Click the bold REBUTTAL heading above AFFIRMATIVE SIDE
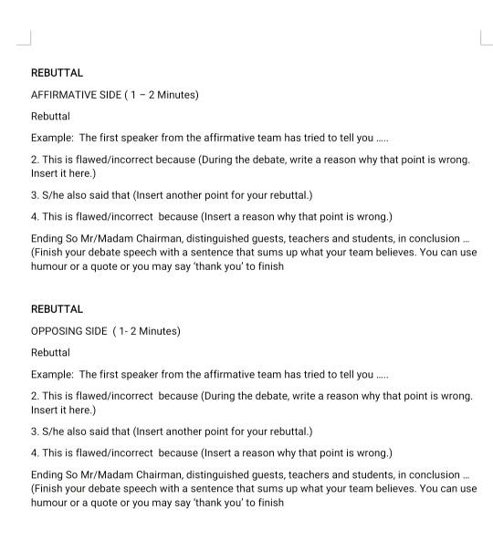tap(57, 73)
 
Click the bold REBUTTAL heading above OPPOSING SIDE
tap(57, 309)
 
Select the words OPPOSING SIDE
tap(69, 331)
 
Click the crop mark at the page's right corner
tap(484, 37)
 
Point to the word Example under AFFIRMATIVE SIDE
tap(51, 139)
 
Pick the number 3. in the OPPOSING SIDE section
tap(35, 432)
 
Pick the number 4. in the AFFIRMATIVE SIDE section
tap(35, 217)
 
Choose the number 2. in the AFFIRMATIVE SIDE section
tap(35, 160)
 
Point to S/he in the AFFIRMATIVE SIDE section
tap(55, 195)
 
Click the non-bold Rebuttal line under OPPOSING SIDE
tap(50, 353)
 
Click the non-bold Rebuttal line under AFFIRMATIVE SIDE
tap(50, 117)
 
